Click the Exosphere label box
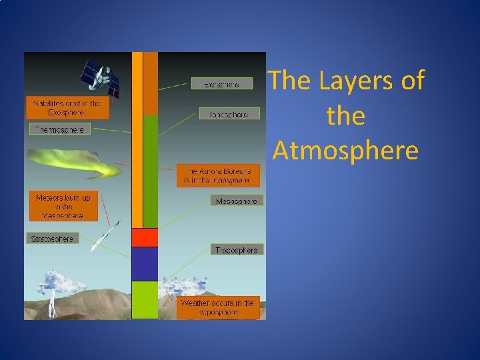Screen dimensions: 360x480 (224, 84)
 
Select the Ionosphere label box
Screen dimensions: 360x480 (229, 114)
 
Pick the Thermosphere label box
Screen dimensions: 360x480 (60, 129)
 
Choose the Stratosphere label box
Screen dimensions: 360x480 (53, 238)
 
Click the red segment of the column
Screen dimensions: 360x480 (145, 237)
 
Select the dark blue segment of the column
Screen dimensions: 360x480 (145, 263)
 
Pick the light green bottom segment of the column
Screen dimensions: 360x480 (145, 299)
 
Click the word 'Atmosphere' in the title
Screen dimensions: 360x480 (345, 151)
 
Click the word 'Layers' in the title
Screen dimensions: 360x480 (349, 81)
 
